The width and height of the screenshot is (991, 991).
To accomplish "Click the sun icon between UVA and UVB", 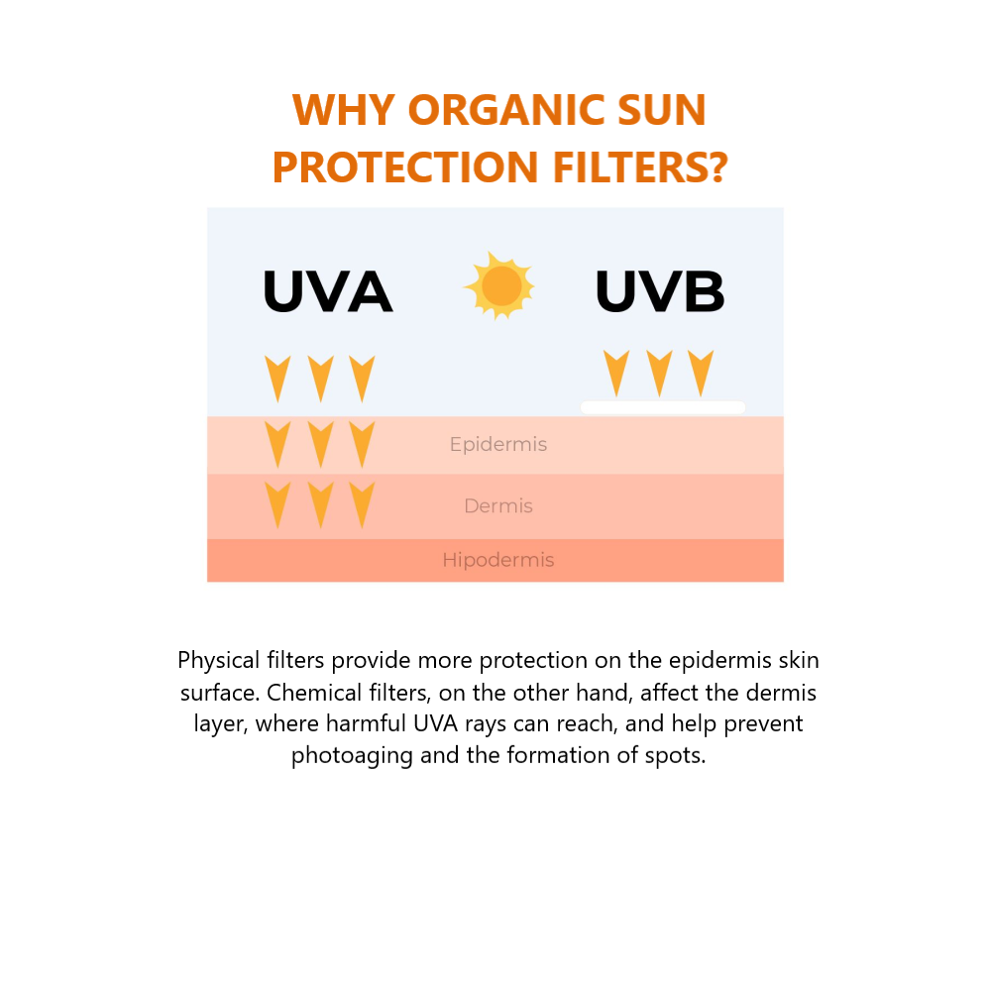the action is pos(499,285).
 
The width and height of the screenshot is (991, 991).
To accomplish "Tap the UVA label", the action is pos(327,291).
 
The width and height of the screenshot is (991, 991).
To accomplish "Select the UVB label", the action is pos(660,291).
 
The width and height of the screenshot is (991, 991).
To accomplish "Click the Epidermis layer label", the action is pos(498,444).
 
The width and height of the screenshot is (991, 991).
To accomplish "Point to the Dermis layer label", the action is pos(498,505).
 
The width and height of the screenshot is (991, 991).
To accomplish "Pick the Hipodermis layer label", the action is pos(498,560).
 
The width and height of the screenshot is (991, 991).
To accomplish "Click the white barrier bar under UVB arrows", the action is pos(662,407).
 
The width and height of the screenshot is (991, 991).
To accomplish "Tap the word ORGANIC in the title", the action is pos(507,110).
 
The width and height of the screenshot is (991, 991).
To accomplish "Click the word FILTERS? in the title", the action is pos(640,166).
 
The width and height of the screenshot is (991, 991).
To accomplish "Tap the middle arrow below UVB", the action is pos(659,374).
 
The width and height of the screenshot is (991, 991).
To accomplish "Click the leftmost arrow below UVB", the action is pos(616,374).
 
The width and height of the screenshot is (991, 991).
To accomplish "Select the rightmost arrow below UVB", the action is pos(701,374).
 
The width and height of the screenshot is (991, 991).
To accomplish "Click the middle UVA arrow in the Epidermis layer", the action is pos(320,445).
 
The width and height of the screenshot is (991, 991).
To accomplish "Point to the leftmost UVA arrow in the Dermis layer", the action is pos(277,505).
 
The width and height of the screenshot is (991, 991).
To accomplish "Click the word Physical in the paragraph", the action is pos(219,660).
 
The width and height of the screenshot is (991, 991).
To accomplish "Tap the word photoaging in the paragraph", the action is pos(352,755).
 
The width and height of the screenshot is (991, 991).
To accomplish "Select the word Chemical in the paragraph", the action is pos(314,693).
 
